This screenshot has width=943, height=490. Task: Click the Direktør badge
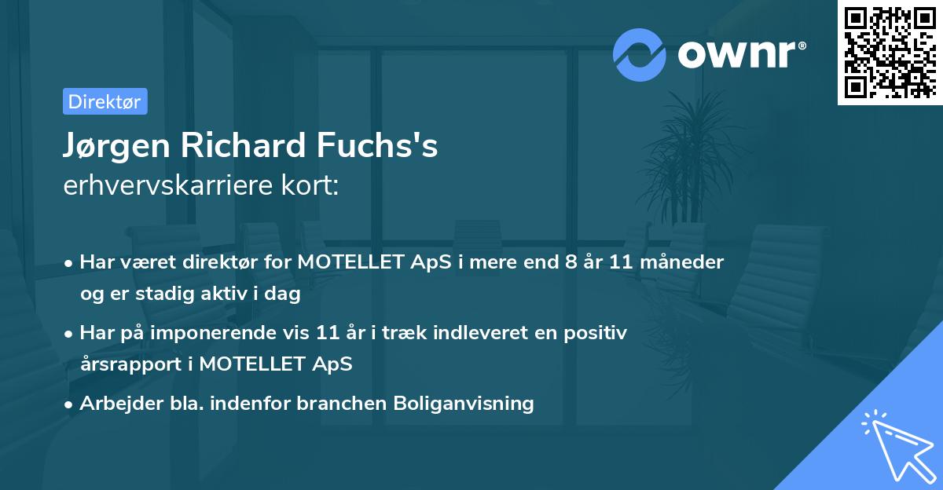[x=105, y=101]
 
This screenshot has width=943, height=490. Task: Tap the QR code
[x=890, y=52]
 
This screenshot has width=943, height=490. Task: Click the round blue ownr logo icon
[x=640, y=54]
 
